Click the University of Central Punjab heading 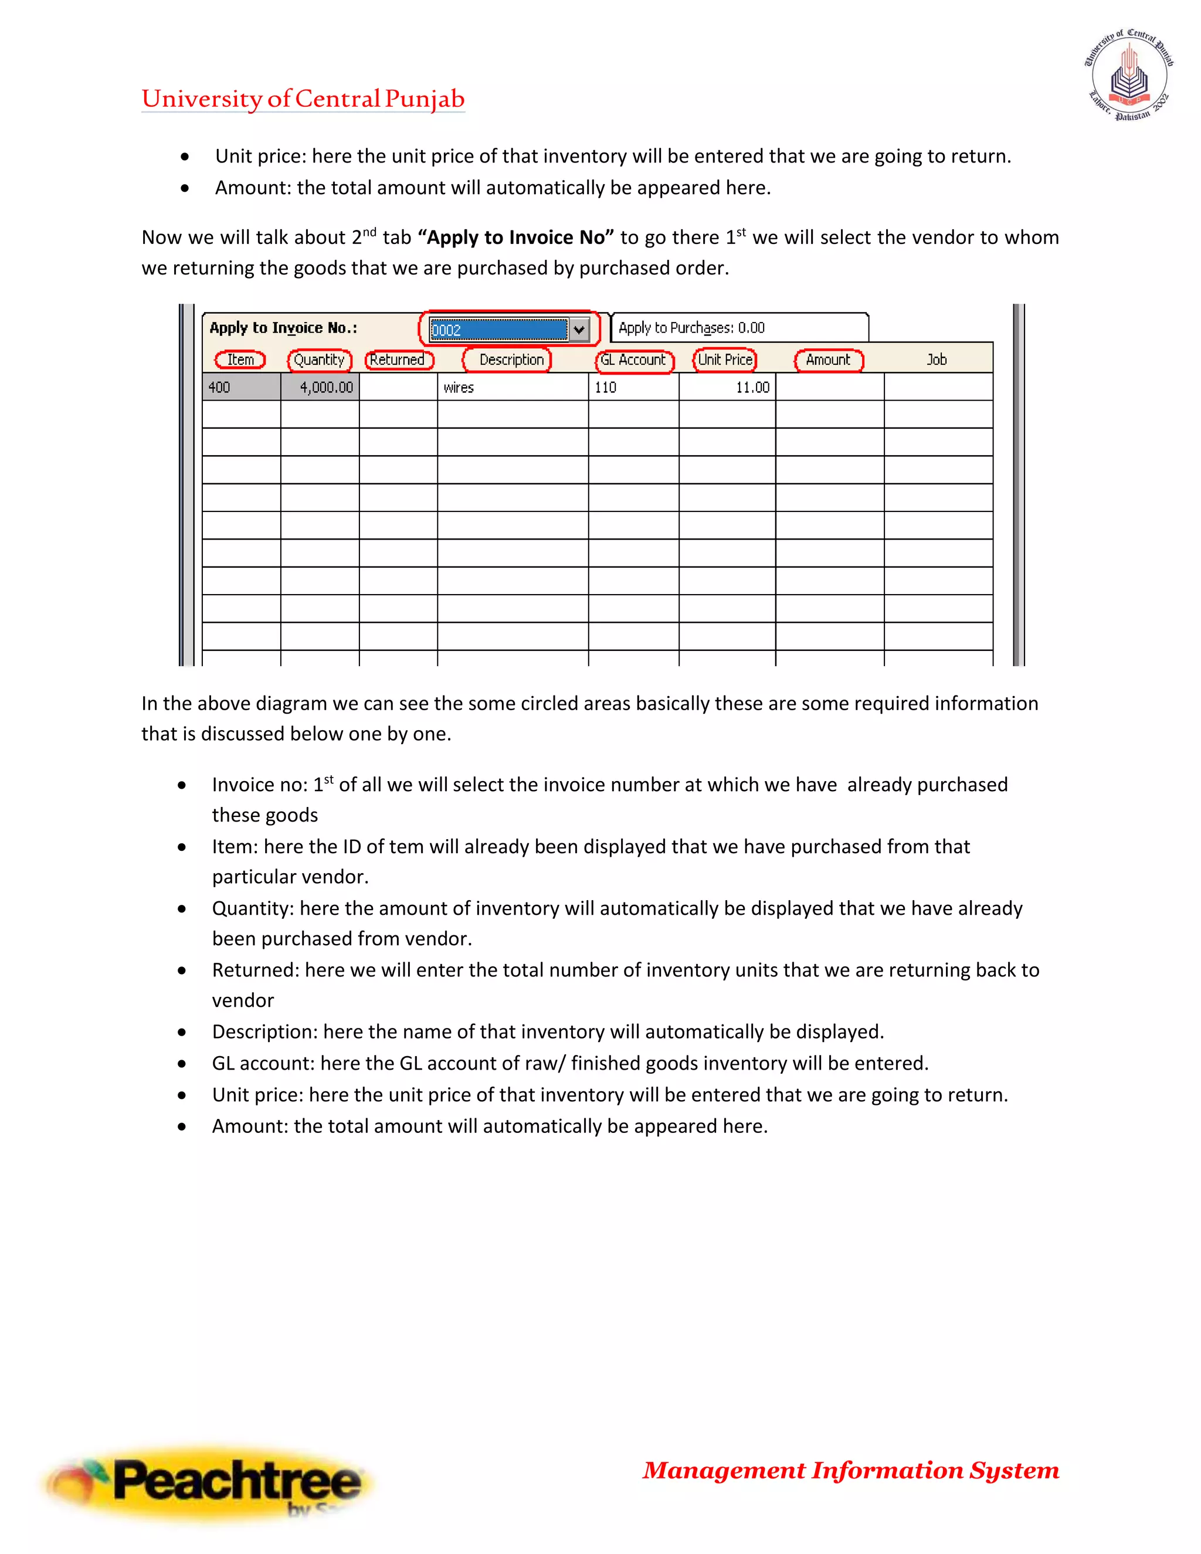click(x=303, y=99)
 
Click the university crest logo click(x=1128, y=76)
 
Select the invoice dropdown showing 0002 click(x=498, y=330)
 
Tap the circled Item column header click(x=240, y=360)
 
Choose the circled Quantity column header click(x=319, y=360)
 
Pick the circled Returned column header click(x=398, y=360)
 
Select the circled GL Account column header click(x=633, y=360)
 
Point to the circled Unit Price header click(x=724, y=360)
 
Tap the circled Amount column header click(x=827, y=360)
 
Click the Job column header click(x=937, y=360)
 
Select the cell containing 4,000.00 click(x=320, y=387)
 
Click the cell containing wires click(x=513, y=387)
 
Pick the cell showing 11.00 click(x=727, y=387)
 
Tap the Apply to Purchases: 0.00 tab click(x=738, y=328)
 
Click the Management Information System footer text click(x=851, y=1470)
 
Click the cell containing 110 click(x=633, y=387)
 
